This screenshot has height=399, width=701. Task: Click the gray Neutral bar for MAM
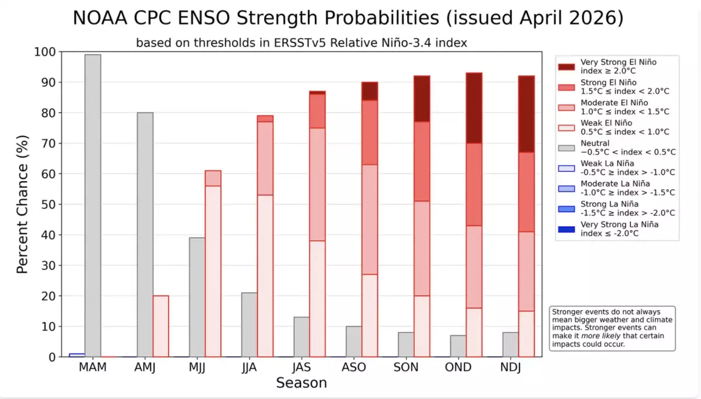pos(93,206)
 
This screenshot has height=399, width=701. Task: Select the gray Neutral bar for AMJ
pos(145,235)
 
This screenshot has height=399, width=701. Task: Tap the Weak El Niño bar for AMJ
pos(161,326)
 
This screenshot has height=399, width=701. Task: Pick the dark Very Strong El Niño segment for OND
pos(474,108)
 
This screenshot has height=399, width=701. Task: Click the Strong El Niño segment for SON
pos(422,161)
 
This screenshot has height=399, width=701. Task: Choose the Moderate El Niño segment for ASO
pos(370,220)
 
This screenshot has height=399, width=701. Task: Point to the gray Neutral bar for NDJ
pos(511,345)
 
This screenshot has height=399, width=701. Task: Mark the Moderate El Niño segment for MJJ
pos(213,178)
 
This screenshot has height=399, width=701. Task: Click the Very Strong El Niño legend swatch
pos(566,67)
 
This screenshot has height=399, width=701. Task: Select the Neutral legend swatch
pos(566,148)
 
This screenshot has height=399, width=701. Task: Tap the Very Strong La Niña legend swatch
pos(566,230)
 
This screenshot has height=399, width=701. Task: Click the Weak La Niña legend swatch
pos(566,168)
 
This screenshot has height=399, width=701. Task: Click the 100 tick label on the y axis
pos(45,52)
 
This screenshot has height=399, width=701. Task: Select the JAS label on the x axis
pos(301,367)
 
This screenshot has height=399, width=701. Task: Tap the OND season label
pos(458,367)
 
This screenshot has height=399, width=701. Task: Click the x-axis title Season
pos(301,383)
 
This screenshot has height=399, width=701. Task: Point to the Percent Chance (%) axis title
pos(22,204)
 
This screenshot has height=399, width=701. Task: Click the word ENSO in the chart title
pos(203,18)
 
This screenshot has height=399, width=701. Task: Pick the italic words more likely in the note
pos(601,336)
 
